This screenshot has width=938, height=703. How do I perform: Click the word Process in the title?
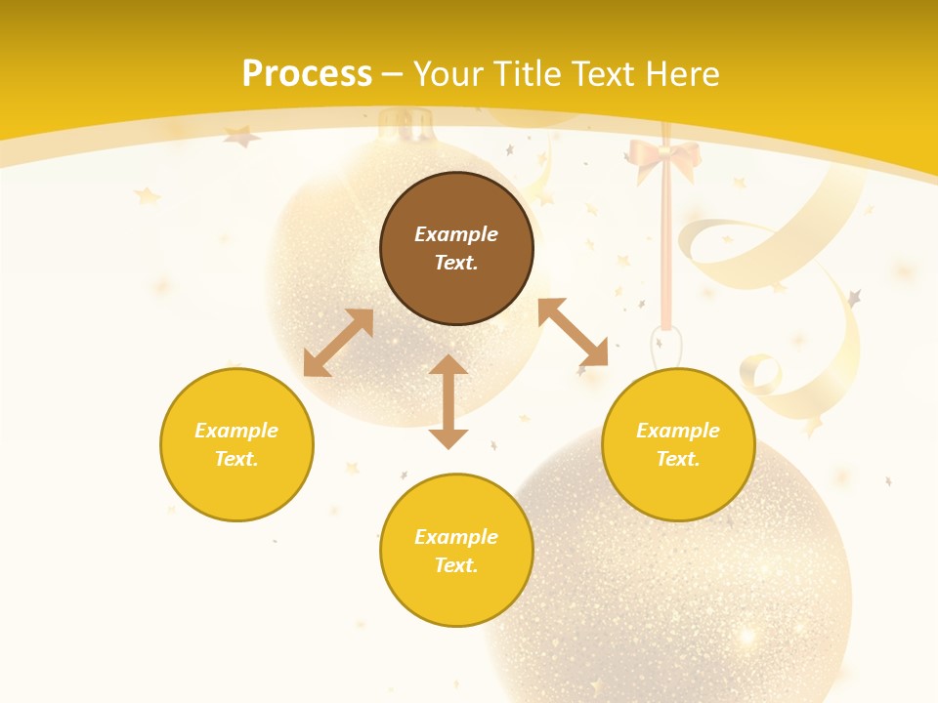click(307, 74)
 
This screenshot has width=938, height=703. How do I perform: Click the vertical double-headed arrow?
click(448, 401)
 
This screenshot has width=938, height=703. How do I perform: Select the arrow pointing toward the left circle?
click(338, 343)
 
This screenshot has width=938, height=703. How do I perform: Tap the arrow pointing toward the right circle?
click(573, 332)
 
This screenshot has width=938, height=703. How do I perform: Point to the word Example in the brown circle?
click(456, 234)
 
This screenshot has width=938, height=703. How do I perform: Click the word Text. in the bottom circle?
click(456, 565)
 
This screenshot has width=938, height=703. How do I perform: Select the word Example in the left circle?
click(236, 431)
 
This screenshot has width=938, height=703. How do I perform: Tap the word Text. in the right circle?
click(678, 459)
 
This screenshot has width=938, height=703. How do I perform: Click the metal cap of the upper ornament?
click(406, 125)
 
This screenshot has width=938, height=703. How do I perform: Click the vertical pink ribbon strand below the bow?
click(666, 254)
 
